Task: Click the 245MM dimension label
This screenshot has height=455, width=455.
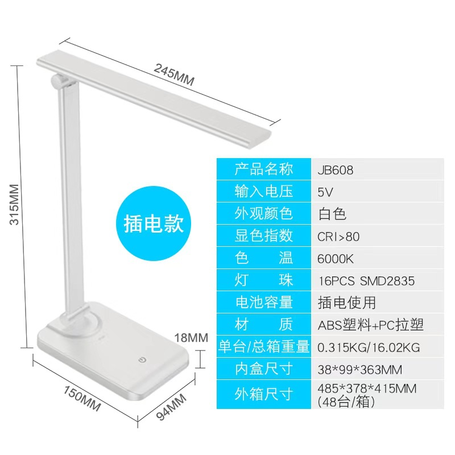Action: (174, 74)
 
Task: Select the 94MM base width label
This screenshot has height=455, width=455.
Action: (171, 407)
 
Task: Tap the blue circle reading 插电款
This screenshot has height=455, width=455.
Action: (154, 224)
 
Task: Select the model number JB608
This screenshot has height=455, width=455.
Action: (336, 170)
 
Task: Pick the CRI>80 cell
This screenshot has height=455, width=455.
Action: (338, 236)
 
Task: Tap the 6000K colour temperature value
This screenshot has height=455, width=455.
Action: (336, 258)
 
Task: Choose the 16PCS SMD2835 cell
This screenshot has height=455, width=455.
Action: (366, 280)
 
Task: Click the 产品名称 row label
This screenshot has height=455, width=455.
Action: (263, 169)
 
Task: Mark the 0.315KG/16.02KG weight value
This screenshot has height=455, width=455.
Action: (369, 347)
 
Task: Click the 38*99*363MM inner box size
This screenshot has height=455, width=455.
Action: (359, 370)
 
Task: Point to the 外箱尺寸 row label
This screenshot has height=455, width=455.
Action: (263, 394)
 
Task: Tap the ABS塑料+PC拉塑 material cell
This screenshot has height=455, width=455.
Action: (371, 325)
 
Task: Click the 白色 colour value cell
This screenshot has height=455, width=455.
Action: (332, 214)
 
